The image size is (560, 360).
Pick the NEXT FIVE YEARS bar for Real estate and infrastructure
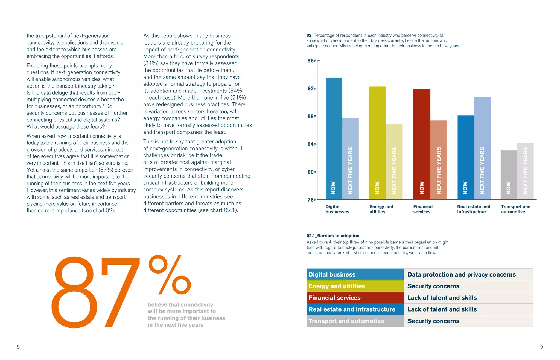click(x=482, y=148)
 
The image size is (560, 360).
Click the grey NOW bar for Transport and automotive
click(x=509, y=175)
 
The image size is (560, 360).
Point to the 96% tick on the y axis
click(x=312, y=61)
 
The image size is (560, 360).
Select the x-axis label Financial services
click(x=423, y=209)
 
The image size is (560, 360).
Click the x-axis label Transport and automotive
click(x=515, y=209)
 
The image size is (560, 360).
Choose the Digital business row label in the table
click(x=332, y=275)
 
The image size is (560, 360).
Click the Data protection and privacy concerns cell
click(x=461, y=275)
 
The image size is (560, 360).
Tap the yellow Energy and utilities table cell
click(x=337, y=286)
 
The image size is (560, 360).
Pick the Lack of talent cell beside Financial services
click(x=442, y=298)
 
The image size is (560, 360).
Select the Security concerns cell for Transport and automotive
click(x=433, y=321)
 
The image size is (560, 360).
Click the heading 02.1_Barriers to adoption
click(x=333, y=236)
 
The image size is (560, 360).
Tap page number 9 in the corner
click(x=541, y=347)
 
